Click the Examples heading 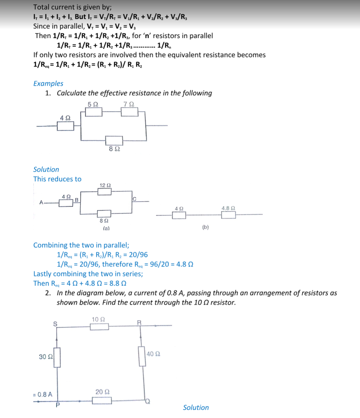pos(48,83)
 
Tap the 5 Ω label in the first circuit pos(93,104)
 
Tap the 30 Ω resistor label pos(45,357)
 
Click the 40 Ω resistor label pos(153,354)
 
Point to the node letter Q pos(148,401)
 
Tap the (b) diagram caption pos(206,227)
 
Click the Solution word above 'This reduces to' pos(46,169)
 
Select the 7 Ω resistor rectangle pos(129,112)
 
